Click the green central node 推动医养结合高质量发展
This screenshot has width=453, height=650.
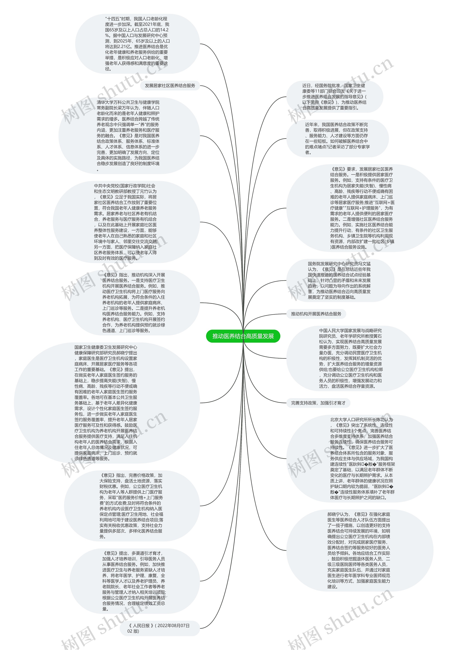[243, 336]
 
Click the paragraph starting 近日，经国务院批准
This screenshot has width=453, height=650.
[334, 97]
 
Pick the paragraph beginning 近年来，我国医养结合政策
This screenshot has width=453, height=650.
[337, 138]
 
